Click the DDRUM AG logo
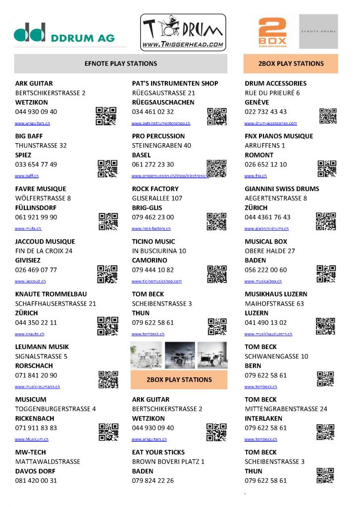64,33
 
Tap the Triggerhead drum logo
183,32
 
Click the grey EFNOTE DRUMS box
318,31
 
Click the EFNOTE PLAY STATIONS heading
121,63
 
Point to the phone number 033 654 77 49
36,164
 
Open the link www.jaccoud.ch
30,281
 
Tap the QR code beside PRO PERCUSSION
216,168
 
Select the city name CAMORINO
150,260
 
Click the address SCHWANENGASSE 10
276,356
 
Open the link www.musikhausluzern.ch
268,334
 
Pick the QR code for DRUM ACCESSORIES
328,116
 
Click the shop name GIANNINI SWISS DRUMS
282,189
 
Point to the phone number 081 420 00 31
36,480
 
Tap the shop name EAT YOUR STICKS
158,452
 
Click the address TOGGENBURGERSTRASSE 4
55,408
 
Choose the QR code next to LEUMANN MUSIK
108,379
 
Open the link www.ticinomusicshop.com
156,281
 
